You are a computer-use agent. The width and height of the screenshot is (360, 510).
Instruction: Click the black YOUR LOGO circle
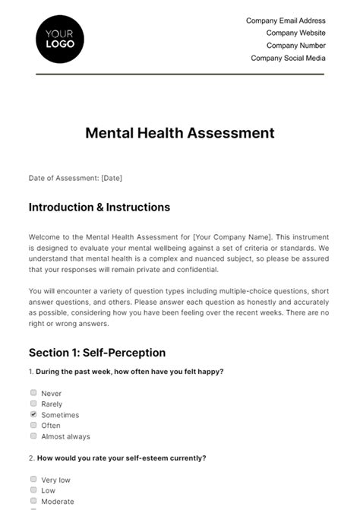[60, 38]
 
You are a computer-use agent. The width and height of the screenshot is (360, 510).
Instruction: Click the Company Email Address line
[286, 21]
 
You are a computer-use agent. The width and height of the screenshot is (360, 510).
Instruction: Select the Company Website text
[295, 33]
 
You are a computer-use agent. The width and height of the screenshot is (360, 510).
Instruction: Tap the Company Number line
[295, 46]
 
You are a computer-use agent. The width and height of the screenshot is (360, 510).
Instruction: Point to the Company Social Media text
[288, 58]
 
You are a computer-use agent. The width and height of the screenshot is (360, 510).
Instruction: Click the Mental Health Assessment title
[180, 133]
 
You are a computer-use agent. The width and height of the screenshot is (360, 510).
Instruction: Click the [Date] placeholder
[111, 178]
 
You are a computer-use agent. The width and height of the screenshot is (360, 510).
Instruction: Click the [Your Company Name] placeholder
[232, 237]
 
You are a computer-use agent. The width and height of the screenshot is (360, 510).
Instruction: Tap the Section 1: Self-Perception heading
[97, 353]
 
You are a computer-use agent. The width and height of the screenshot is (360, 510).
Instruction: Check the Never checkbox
[33, 393]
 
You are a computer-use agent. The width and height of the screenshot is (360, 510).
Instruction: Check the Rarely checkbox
[33, 404]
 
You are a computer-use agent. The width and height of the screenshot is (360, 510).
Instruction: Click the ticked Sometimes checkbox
[33, 415]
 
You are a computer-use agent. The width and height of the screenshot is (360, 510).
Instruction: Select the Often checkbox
[33, 426]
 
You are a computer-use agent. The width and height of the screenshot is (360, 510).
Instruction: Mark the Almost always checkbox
[33, 436]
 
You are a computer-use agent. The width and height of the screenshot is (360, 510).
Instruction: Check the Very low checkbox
[33, 480]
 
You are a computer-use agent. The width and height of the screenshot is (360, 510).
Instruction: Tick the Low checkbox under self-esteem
[33, 490]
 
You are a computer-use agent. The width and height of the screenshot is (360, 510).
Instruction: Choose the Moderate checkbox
[33, 501]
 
